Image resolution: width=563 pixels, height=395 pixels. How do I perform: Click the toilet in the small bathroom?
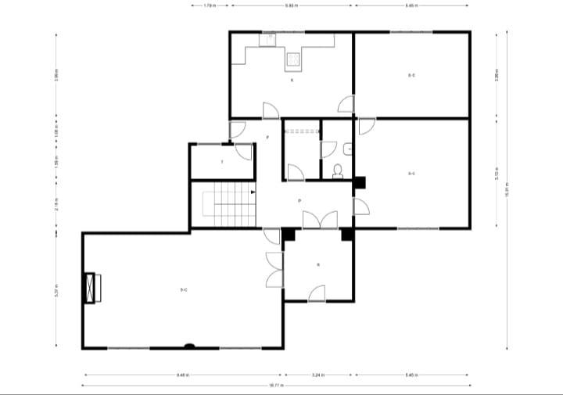tap(338, 171)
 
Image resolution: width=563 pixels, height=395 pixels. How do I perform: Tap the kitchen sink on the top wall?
tap(269, 37)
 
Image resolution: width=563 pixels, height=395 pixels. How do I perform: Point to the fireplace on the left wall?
tap(91, 289)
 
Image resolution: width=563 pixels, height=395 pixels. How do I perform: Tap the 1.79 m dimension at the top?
tap(210, 5)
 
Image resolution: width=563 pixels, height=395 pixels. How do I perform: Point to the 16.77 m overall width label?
tap(276, 386)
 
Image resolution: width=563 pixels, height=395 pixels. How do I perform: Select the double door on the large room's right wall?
tap(274, 270)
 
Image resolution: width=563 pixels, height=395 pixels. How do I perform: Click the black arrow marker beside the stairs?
tap(253, 191)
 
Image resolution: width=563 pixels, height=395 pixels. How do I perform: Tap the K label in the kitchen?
tap(292, 80)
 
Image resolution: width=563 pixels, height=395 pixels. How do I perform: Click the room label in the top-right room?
tap(411, 75)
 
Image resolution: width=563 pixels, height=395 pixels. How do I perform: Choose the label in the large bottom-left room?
tap(183, 290)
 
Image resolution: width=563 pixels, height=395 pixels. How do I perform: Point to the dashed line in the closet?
tap(301, 131)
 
